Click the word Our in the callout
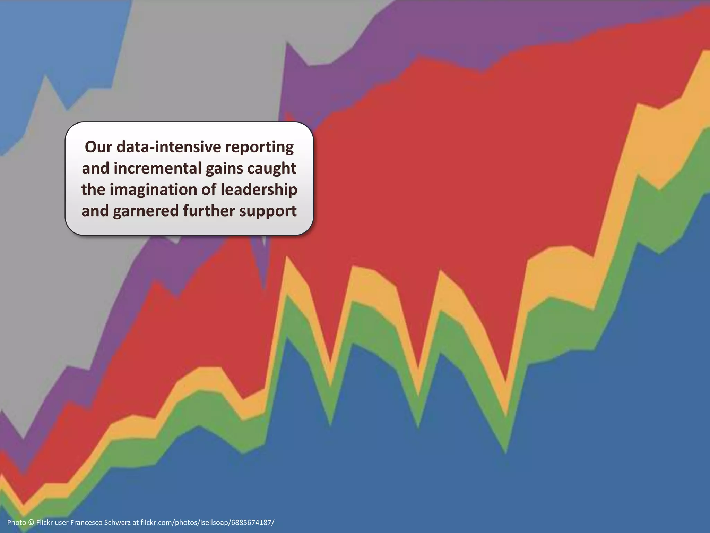98,147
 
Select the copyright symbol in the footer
31,522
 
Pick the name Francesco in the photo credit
87,522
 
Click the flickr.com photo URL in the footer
207,522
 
